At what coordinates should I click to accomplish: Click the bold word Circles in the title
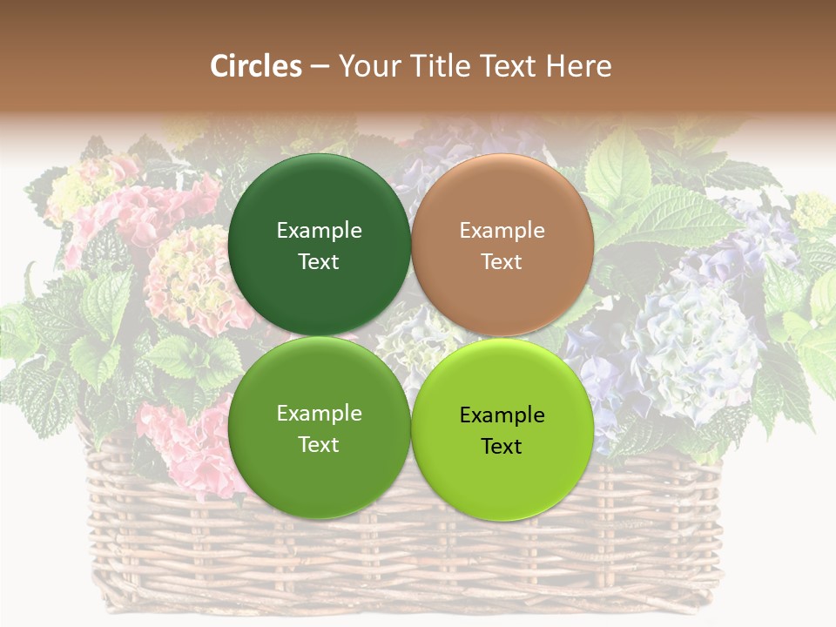(256, 66)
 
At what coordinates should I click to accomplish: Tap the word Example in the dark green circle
(319, 231)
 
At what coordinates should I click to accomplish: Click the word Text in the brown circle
(502, 262)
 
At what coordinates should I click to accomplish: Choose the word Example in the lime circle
(502, 415)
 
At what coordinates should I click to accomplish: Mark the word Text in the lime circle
(502, 447)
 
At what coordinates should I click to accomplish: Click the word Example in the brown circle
(502, 231)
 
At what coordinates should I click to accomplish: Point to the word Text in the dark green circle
(319, 262)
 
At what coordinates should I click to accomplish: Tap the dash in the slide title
(320, 67)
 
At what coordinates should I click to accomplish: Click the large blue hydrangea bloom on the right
(697, 348)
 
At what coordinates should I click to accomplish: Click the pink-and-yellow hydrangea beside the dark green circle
(187, 279)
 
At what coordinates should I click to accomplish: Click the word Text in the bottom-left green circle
(319, 445)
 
